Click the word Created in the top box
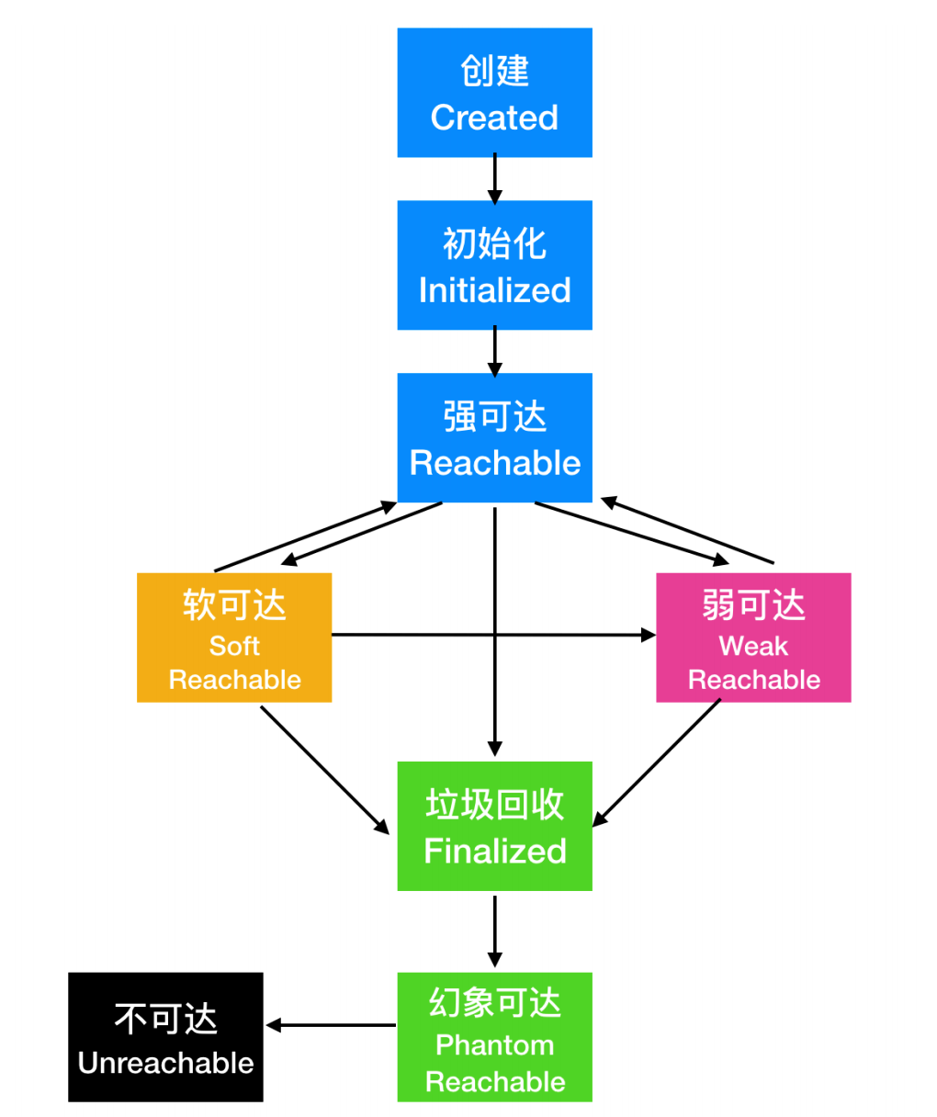(x=494, y=118)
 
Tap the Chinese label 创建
(x=494, y=71)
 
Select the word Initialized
(x=494, y=290)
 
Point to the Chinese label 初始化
(x=494, y=243)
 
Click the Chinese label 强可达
(x=494, y=416)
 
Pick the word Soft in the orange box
(x=234, y=646)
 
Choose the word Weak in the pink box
(x=753, y=646)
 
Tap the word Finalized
(x=494, y=851)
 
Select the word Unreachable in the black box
(x=166, y=1063)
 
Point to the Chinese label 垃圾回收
(x=494, y=804)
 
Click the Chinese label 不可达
(x=166, y=1019)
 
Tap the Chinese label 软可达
(x=234, y=604)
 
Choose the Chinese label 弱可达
(x=753, y=604)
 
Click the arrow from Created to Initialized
(x=494, y=179)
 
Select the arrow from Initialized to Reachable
(x=494, y=352)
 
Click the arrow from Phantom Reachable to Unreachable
(x=331, y=1025)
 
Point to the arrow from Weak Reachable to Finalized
(x=656, y=762)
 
